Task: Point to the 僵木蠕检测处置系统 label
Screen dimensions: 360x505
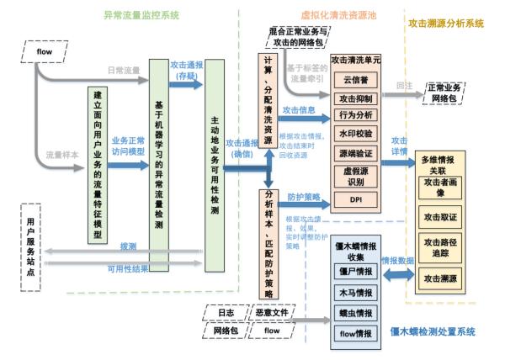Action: coord(433,332)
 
